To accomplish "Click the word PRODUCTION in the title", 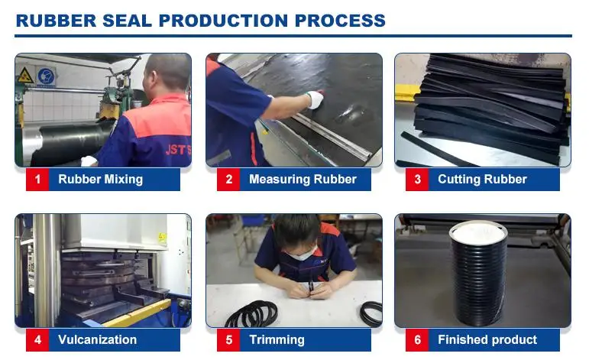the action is pos(223,21).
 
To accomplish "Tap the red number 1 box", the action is pos(37,180).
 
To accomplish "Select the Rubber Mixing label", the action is pos(100,180).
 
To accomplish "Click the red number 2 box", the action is pos(228,180).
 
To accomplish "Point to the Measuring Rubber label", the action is pos(303,180).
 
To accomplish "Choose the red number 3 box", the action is pos(417,180).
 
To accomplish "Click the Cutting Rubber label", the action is pos(482,180).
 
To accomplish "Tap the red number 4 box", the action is pos(37,339).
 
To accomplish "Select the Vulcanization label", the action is pos(97,339).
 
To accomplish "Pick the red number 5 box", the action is pos(228,339).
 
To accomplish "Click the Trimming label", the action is pos(277,339).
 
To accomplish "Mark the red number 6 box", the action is pos(417,339).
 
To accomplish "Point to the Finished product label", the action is pos(487,339).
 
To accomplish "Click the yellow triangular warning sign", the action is pos(25,76).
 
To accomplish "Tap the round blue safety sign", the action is pos(46,76).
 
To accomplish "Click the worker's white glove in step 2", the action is pos(315,99).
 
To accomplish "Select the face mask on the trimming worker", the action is pos(300,255).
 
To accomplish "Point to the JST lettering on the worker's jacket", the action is pos(178,150).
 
